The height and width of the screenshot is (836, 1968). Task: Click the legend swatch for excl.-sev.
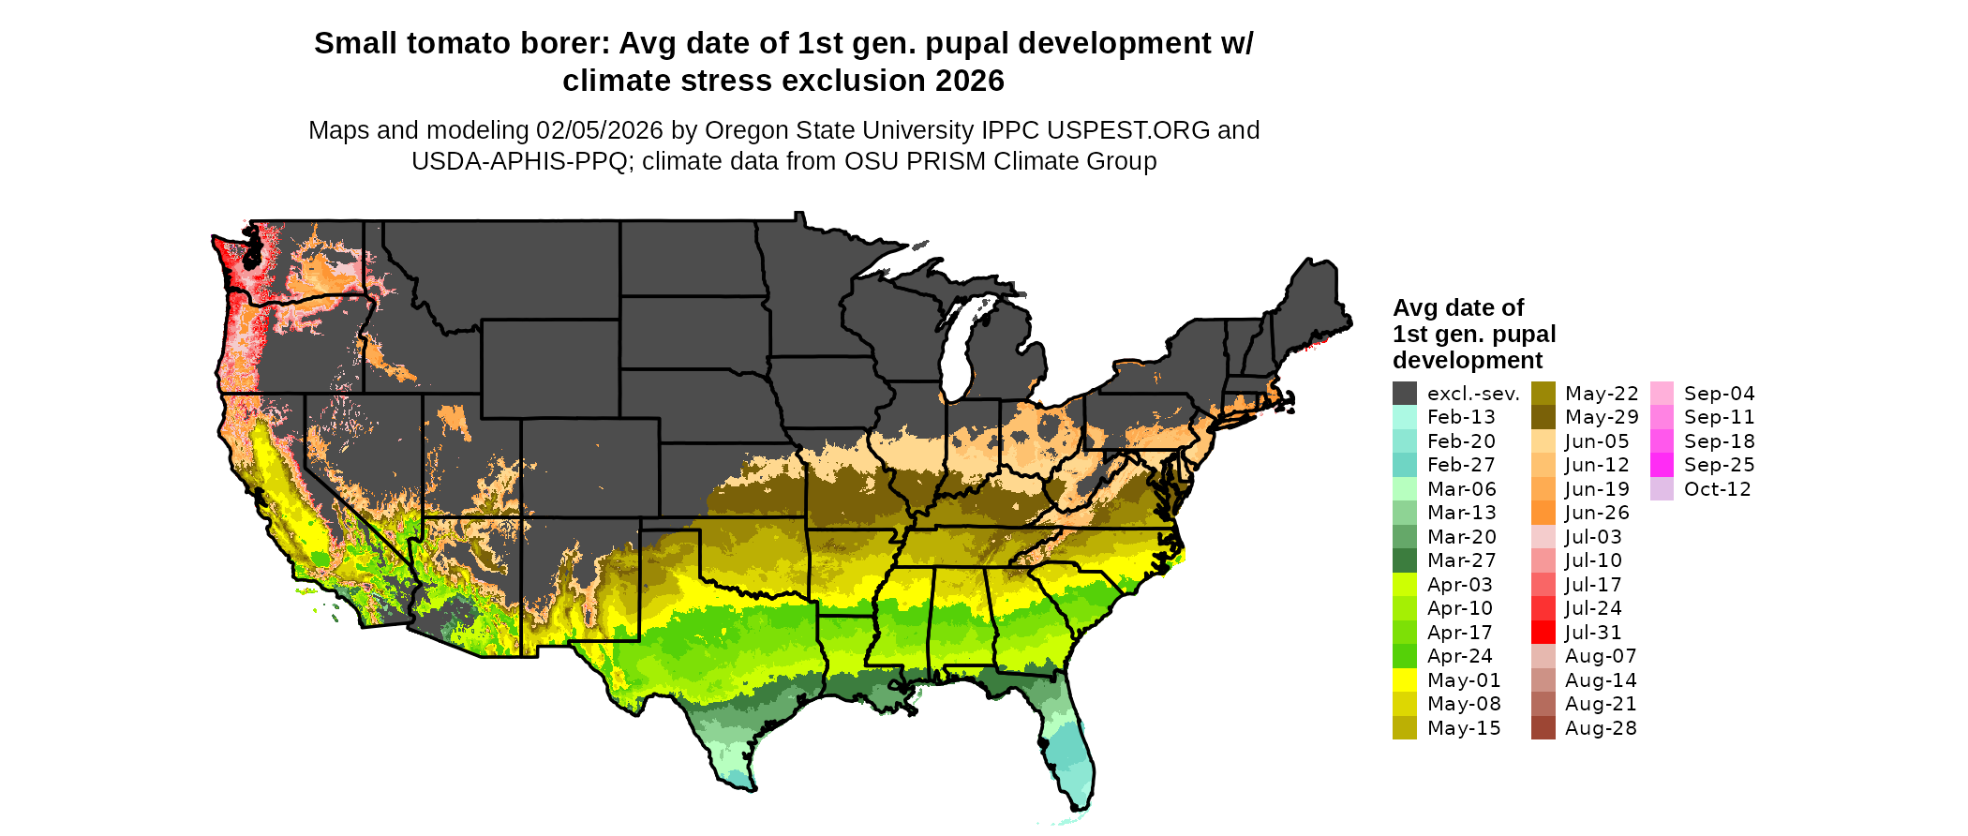click(1404, 394)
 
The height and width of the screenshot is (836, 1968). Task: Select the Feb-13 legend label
click(1461, 417)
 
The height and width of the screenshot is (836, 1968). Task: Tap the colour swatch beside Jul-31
click(1543, 633)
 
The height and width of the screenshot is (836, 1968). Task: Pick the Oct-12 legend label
click(1717, 489)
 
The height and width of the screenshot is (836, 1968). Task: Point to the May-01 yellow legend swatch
click(1404, 680)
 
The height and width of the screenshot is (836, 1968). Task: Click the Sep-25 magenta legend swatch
click(1662, 465)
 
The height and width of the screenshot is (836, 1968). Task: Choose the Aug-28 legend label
click(1601, 728)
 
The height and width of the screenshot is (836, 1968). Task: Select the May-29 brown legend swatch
click(1543, 417)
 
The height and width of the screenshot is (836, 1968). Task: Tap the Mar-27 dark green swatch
click(1404, 560)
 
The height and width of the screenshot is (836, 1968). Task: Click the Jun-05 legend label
click(1597, 441)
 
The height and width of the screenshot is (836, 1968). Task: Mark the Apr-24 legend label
click(1459, 656)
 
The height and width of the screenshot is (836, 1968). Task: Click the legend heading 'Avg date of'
click(1457, 307)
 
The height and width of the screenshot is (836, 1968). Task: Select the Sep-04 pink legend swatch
click(1662, 394)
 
